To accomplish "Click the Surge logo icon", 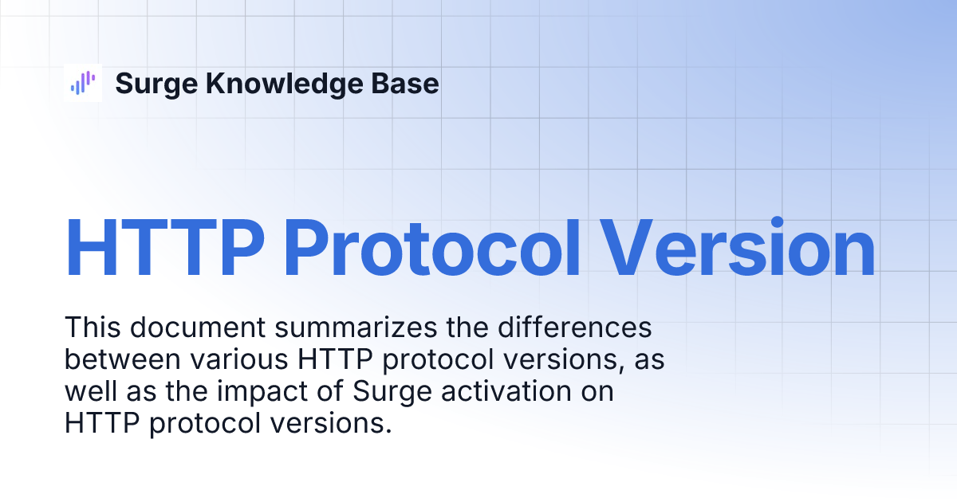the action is pyautogui.click(x=83, y=83).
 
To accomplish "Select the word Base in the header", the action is pyautogui.click(x=405, y=83).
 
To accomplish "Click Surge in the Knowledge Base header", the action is pyautogui.click(x=156, y=84).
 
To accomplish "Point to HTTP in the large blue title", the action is pyautogui.click(x=164, y=248).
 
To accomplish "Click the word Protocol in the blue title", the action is pyautogui.click(x=432, y=248).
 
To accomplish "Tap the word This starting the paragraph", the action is pyautogui.click(x=93, y=327).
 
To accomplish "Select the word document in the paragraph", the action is pyautogui.click(x=198, y=327).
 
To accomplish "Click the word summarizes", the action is pyautogui.click(x=356, y=327).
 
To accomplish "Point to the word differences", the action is pyautogui.click(x=575, y=327).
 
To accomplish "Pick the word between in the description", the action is pyautogui.click(x=123, y=359).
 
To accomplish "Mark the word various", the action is pyautogui.click(x=239, y=359).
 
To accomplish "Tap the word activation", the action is pyautogui.click(x=506, y=391).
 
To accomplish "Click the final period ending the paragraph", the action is pyautogui.click(x=388, y=432).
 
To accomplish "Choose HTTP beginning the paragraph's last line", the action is pyautogui.click(x=102, y=423).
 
